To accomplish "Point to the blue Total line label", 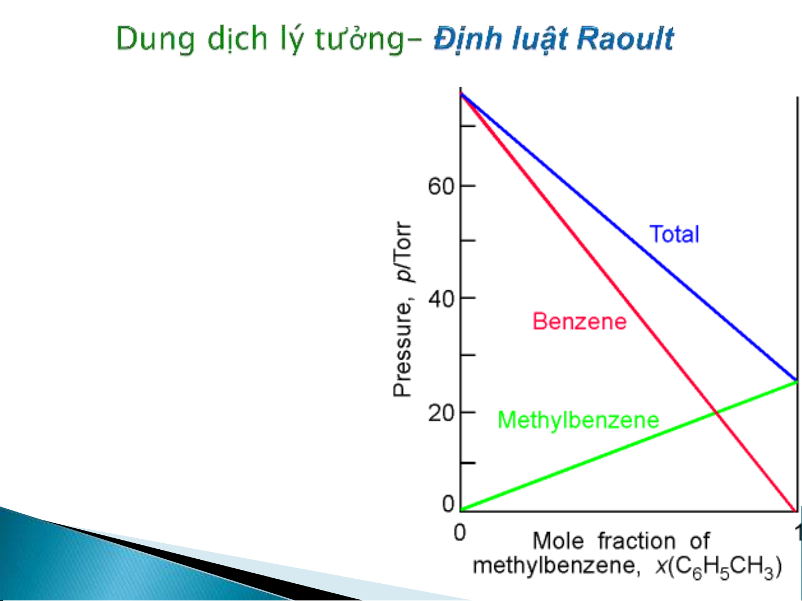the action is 674,234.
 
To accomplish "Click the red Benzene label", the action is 579,321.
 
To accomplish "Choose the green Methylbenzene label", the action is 578,420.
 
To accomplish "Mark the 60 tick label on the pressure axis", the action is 441,186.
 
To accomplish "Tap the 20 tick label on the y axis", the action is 441,414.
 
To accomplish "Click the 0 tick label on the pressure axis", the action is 448,504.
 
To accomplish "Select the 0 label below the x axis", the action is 460,533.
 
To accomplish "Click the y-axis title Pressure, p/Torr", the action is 403,309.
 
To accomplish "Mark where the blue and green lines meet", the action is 796,381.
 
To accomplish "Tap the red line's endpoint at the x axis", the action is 796,511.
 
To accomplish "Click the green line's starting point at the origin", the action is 461,510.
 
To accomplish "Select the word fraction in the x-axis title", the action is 637,541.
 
